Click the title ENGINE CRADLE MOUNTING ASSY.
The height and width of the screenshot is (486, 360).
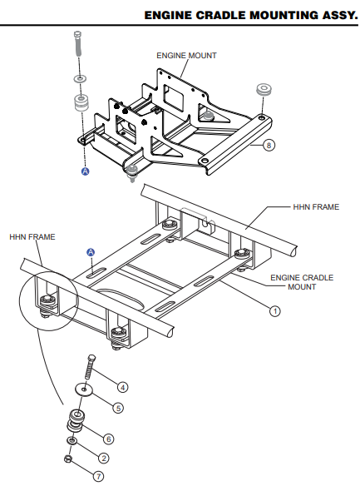pos(250,15)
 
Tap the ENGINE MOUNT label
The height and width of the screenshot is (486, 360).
pos(187,56)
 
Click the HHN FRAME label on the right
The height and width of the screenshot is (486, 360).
pos(316,206)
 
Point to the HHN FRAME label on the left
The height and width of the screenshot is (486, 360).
pos(32,237)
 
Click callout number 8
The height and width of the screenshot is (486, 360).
pos(269,145)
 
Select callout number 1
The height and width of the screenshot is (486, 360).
pos(275,311)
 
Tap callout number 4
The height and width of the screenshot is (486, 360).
pos(122,387)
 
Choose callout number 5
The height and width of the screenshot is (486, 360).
pos(117,408)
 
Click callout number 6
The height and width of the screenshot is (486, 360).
pos(108,439)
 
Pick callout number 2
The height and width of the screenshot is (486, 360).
pos(103,458)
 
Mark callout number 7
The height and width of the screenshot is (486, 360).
pos(98,477)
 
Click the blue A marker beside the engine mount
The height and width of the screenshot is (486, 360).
pos(84,171)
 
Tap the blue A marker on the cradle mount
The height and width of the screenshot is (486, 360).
pos(91,251)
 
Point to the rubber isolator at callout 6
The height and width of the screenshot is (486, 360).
pos(77,419)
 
